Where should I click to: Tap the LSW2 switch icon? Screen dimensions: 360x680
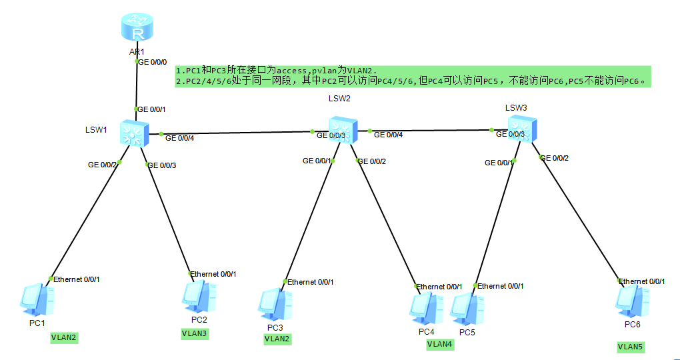pyautogui.click(x=343, y=129)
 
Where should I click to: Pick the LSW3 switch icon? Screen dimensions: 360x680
pyautogui.click(x=521, y=127)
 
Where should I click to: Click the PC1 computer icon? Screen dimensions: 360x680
pyautogui.click(x=37, y=300)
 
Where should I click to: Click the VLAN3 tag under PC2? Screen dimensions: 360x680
pyautogui.click(x=195, y=333)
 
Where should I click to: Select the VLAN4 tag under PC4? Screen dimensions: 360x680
pyautogui.click(x=439, y=344)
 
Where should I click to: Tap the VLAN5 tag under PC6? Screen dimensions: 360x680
pyautogui.click(x=631, y=347)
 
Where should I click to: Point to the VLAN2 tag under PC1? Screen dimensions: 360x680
pyautogui.click(x=64, y=338)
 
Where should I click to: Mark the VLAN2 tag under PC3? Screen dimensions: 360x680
pyautogui.click(x=277, y=339)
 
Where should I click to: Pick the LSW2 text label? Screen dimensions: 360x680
pyautogui.click(x=339, y=99)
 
